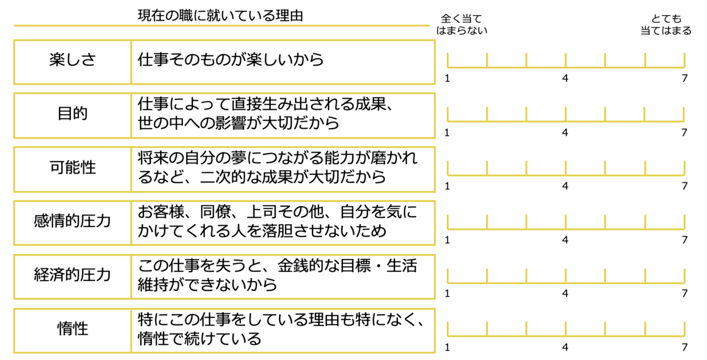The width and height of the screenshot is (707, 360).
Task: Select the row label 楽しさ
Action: click(x=72, y=60)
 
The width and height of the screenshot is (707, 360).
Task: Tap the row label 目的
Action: click(x=72, y=114)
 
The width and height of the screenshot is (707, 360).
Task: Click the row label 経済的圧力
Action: click(x=72, y=276)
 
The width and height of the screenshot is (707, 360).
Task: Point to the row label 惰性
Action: click(x=72, y=330)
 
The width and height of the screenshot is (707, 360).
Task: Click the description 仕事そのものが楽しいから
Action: click(x=231, y=60)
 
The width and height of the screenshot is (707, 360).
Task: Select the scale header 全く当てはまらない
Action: click(x=462, y=25)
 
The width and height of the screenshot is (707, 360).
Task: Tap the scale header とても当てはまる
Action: click(x=666, y=25)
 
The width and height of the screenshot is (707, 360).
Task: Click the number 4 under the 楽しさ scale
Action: click(x=565, y=78)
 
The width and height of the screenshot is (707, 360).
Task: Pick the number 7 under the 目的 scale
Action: click(x=684, y=133)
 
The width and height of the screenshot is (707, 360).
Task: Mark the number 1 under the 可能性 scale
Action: click(x=447, y=186)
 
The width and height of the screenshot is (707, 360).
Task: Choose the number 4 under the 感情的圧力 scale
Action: click(x=565, y=240)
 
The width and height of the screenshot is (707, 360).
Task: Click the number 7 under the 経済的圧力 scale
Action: click(x=684, y=294)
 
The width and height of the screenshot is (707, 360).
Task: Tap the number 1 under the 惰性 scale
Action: click(x=447, y=348)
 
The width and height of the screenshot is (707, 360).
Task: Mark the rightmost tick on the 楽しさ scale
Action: click(x=684, y=61)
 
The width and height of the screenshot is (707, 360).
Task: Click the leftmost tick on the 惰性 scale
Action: click(x=447, y=330)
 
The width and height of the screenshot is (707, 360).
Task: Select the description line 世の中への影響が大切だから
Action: click(x=239, y=123)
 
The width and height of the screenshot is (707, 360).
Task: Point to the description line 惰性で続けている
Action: click(x=199, y=338)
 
